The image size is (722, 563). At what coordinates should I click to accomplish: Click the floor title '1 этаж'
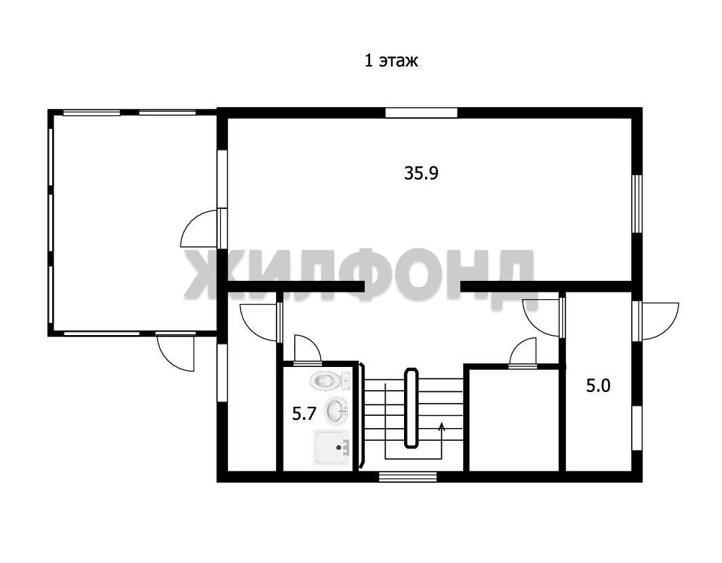391,61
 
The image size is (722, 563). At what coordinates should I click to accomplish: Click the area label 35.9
421,173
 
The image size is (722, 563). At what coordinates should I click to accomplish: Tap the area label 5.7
304,414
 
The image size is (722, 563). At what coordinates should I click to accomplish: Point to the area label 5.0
598,386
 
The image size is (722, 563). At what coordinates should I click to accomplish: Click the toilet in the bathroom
330,381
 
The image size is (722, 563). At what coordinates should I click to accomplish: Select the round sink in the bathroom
336,411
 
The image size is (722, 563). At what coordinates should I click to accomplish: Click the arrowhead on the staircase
441,426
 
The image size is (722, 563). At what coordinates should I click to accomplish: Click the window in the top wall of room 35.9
421,113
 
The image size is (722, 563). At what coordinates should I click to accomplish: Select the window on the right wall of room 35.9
637,203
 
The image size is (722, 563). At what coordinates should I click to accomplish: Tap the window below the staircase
407,477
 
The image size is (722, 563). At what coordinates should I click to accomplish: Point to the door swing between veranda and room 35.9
199,228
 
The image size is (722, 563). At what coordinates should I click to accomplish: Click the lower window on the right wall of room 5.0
637,428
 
